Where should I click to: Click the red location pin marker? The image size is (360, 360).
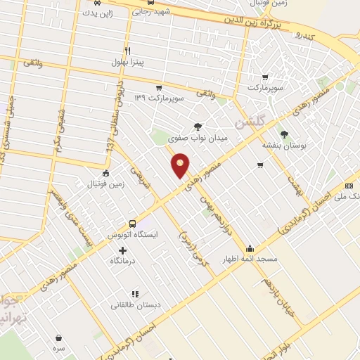pos(181,167)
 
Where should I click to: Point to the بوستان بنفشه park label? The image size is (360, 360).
pos(282,145)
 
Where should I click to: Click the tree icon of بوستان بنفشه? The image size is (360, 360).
pos(284,134)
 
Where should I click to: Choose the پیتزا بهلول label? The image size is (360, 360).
pos(127,62)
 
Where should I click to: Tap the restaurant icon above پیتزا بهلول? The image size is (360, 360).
pos(127,51)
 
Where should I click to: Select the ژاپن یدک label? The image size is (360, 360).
pos(96,13)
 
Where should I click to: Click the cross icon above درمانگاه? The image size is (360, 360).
pos(123,250)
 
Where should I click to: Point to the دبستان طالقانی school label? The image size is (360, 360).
pos(134,305)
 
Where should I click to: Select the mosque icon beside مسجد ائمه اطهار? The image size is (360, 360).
pos(250,249)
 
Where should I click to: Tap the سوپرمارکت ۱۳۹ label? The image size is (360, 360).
pos(160,98)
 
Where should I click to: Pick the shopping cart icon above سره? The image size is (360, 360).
pos(58,337)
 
